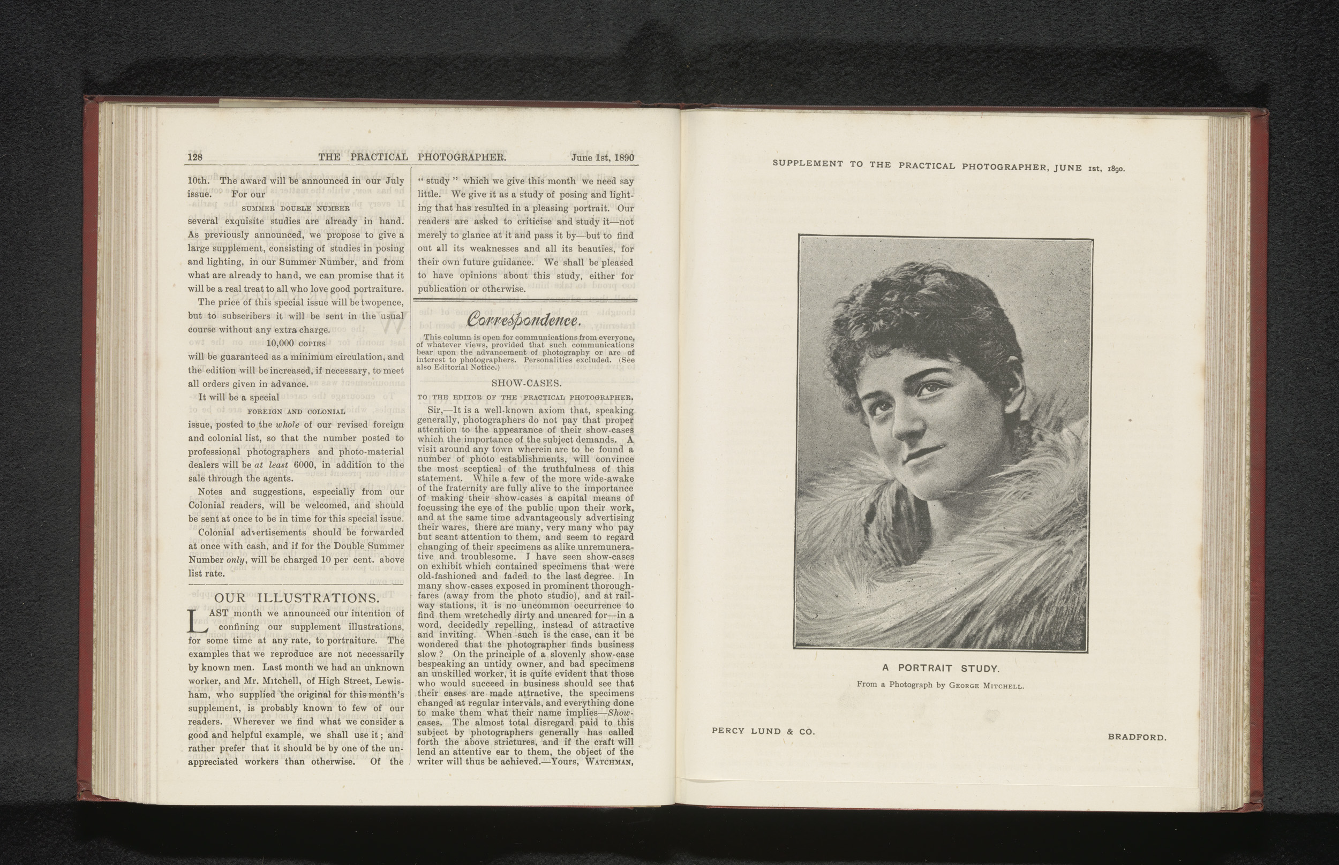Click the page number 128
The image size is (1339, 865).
(194, 157)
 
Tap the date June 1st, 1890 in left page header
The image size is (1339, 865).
(603, 157)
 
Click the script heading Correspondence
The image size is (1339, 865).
(524, 320)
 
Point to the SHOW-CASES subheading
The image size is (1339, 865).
(526, 383)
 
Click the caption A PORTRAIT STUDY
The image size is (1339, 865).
(940, 669)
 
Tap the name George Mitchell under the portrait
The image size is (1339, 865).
(986, 685)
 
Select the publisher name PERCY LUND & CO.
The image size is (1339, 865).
(763, 731)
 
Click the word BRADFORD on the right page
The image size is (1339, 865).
(1137, 738)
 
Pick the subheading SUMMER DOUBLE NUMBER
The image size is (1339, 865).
(296, 208)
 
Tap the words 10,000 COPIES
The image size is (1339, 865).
(296, 343)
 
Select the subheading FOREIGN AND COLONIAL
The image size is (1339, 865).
(296, 411)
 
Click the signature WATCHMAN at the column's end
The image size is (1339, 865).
(609, 762)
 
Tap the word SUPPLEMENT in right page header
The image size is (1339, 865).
(808, 163)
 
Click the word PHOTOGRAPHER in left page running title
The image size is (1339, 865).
(461, 157)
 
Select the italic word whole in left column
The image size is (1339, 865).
(287, 424)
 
